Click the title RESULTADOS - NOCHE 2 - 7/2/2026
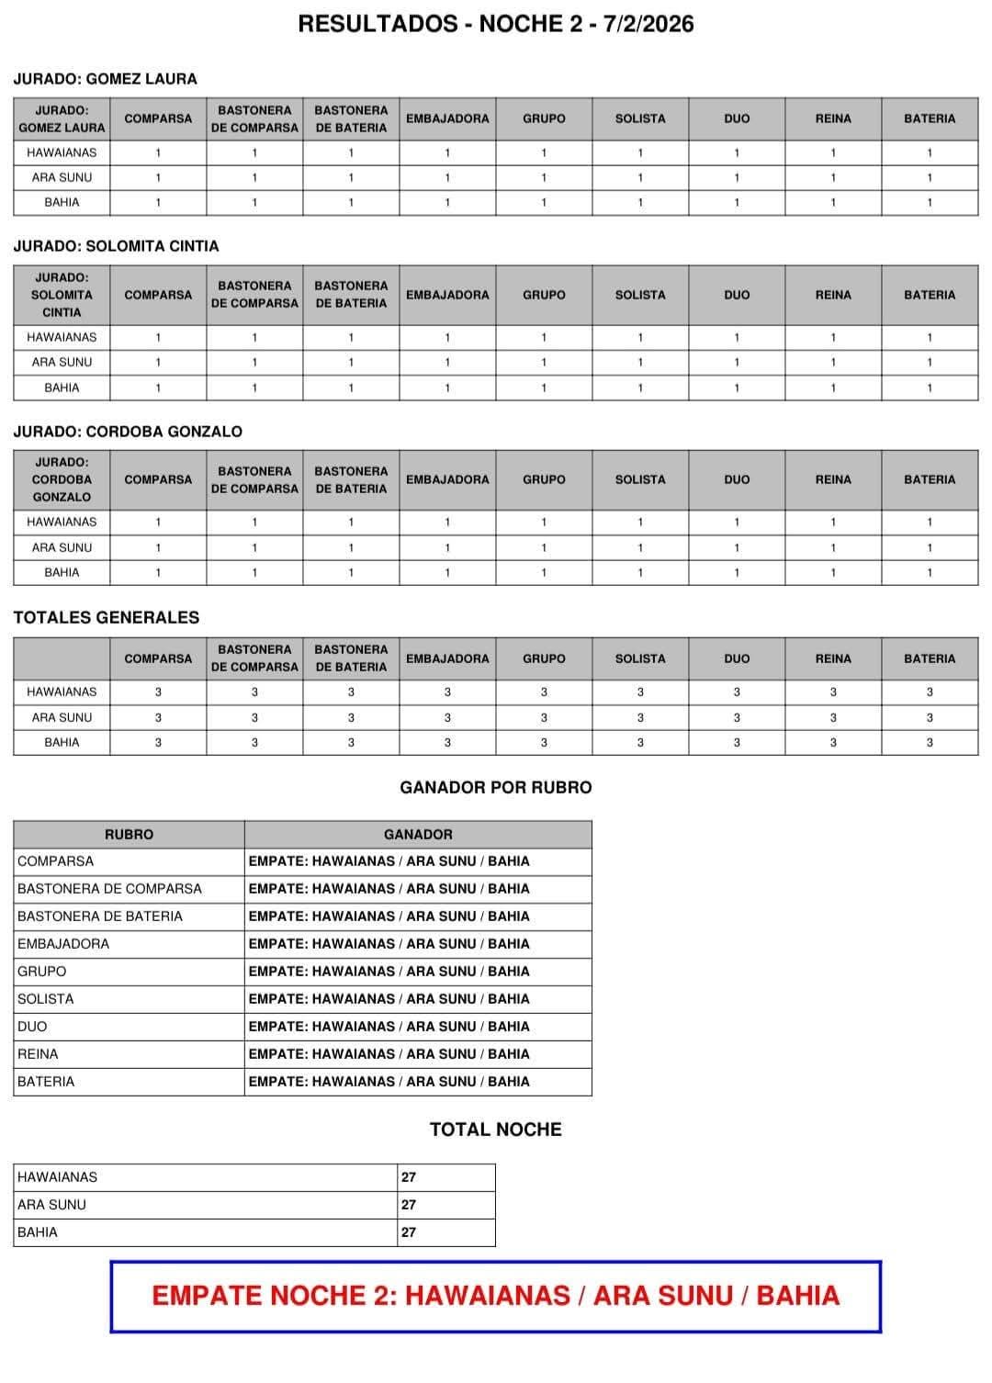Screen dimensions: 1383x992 (x=496, y=24)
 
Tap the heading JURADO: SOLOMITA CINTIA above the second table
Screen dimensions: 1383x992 (x=117, y=246)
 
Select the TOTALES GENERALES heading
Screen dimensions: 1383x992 (x=107, y=617)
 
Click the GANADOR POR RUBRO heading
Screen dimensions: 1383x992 (x=496, y=787)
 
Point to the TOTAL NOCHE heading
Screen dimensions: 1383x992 (x=496, y=1130)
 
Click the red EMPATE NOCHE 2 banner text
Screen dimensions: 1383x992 (x=496, y=1296)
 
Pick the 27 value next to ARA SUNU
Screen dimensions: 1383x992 (x=409, y=1205)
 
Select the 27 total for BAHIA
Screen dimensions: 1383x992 (x=409, y=1232)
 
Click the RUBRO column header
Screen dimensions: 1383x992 (x=129, y=835)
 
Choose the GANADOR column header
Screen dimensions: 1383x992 (x=418, y=835)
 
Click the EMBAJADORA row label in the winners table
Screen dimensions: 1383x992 (x=63, y=944)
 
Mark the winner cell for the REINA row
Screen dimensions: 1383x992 (x=389, y=1054)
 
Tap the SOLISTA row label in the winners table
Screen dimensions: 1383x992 (x=46, y=999)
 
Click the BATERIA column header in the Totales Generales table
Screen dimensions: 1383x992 (x=930, y=658)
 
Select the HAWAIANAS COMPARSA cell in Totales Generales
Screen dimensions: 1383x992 (x=158, y=692)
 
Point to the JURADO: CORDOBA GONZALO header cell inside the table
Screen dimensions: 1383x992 (x=62, y=479)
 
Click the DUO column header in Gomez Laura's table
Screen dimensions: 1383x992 (x=737, y=118)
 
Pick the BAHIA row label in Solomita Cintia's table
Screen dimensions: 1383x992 (x=62, y=388)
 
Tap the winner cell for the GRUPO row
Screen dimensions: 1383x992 (x=389, y=972)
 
